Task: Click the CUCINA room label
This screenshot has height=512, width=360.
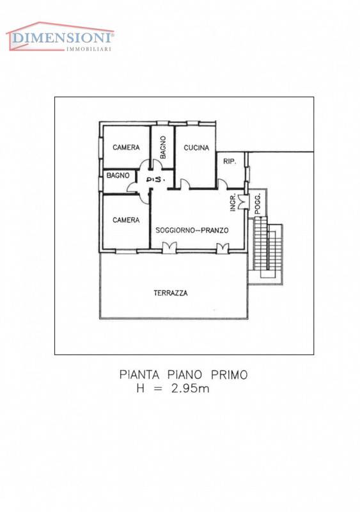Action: point(196,148)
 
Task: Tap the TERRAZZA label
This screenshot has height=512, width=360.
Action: point(171,293)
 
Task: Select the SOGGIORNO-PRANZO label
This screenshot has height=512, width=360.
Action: point(192,230)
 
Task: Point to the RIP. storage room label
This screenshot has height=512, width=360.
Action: point(230,161)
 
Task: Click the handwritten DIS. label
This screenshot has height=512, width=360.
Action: point(155,180)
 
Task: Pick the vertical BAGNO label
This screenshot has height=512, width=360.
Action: point(163,147)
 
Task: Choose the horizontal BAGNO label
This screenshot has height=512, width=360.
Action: point(118,175)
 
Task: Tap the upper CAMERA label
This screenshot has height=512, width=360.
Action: point(126,147)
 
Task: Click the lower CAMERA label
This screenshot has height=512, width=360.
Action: point(126,220)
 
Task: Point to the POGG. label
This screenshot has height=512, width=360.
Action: point(258,204)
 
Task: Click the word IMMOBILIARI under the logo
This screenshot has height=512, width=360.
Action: point(89,49)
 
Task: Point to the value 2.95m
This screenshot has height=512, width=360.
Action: point(191,388)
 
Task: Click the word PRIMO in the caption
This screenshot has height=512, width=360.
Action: point(229,374)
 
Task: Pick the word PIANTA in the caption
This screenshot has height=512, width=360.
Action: point(139,374)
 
